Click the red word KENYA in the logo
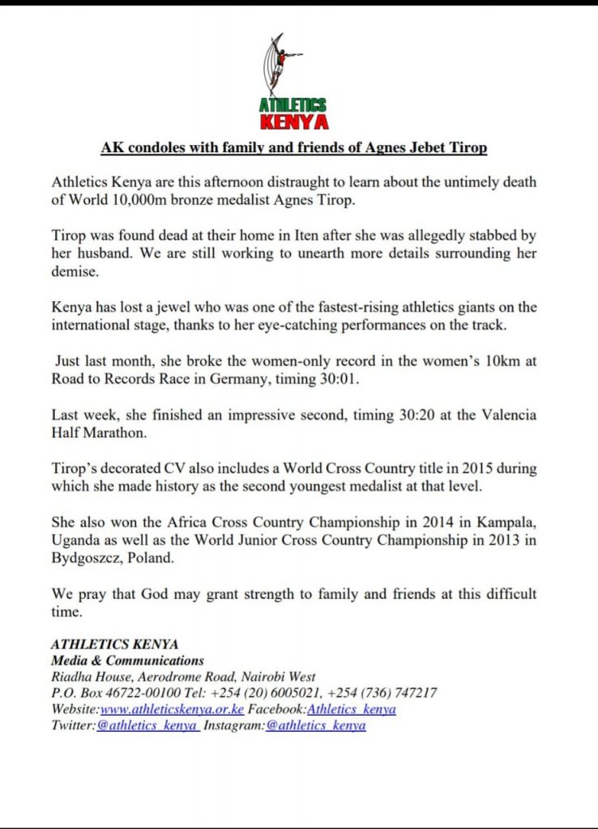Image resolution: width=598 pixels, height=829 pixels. pos(293,122)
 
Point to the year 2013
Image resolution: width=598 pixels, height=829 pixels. pos(501,540)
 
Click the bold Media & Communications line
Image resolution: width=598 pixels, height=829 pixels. pos(128,661)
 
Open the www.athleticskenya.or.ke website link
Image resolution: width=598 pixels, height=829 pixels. pos(172,709)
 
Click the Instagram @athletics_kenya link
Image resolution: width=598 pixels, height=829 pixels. pos(316,725)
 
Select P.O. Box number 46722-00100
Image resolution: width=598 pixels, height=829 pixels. pos(128,693)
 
